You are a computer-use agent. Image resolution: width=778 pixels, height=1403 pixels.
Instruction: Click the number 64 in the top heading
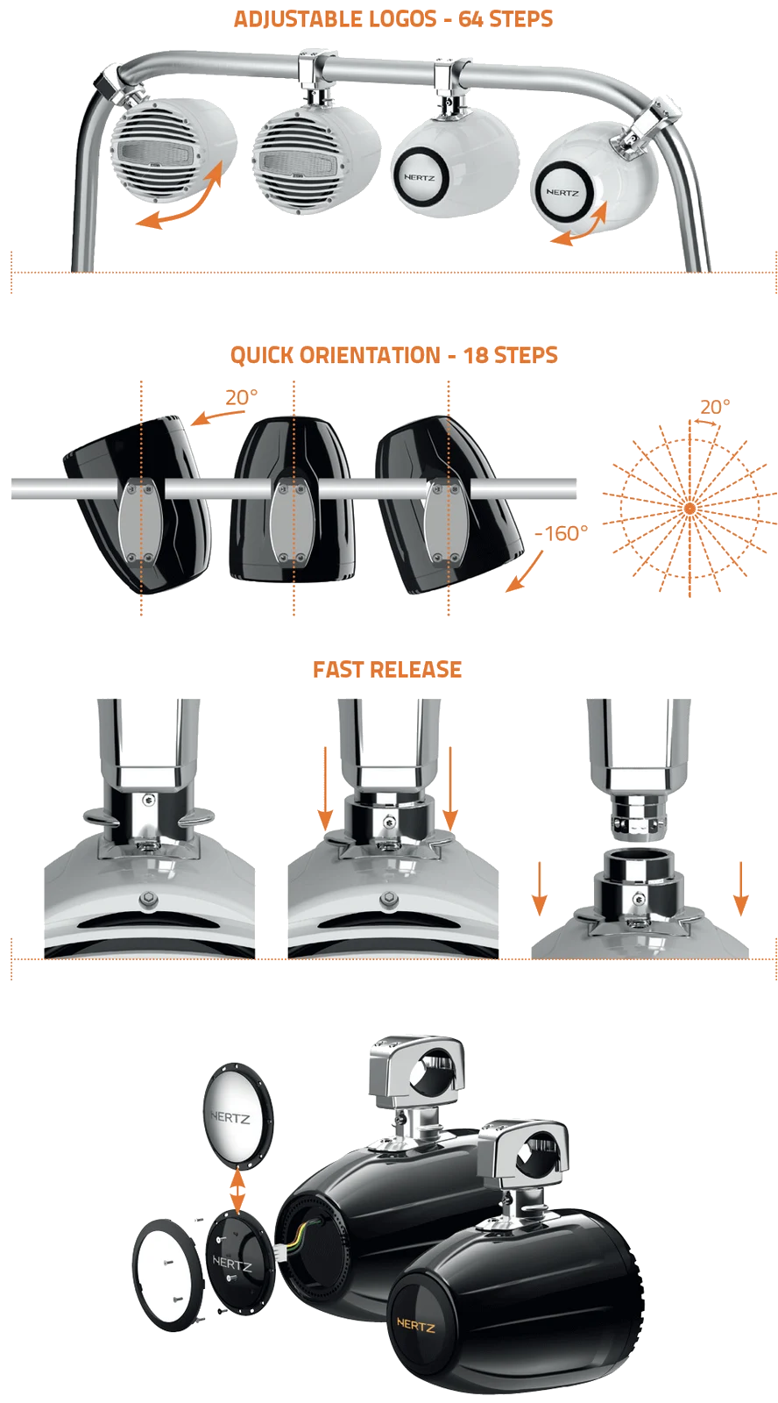tap(470, 19)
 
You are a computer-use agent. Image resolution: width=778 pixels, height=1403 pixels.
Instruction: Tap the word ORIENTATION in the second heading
tap(370, 355)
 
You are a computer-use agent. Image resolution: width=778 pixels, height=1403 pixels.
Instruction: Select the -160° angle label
tap(561, 533)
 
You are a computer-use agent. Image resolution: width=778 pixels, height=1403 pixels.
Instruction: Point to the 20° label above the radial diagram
tap(716, 407)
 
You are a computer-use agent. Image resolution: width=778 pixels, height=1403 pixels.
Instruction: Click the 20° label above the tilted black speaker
tap(242, 397)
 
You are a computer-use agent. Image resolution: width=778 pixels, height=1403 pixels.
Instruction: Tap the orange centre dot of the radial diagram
tap(690, 508)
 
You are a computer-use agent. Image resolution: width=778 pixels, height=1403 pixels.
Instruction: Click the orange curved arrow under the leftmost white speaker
tap(180, 198)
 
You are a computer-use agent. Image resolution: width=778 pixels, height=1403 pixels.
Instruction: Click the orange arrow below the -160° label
tap(525, 571)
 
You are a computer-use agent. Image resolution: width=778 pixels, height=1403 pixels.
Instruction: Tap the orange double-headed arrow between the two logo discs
tap(237, 1191)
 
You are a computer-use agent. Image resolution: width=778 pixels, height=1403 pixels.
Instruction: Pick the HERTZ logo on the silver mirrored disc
tap(230, 1117)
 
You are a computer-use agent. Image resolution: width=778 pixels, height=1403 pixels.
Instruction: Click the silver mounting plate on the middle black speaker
tap(293, 523)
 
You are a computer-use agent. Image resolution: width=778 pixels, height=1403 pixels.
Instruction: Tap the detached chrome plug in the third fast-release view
tap(637, 816)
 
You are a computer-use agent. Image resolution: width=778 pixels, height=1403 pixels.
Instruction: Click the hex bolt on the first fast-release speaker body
tap(148, 900)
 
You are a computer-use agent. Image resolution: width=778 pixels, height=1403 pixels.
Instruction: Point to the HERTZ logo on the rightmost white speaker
tap(562, 192)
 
